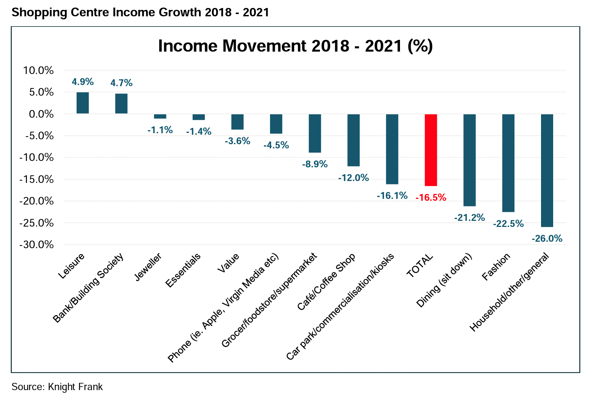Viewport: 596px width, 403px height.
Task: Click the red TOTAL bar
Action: [x=431, y=150]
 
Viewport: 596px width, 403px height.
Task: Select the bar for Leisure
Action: [x=83, y=103]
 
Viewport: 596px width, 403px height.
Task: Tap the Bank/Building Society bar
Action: [x=121, y=104]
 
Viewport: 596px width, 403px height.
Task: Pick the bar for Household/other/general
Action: [x=547, y=170]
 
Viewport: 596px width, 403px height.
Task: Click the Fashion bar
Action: [x=508, y=163]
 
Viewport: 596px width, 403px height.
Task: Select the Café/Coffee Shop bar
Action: [x=353, y=140]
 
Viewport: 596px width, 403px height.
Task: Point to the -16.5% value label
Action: [x=431, y=198]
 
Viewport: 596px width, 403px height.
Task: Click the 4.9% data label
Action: [x=83, y=82]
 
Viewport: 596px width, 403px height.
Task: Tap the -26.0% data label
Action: [x=547, y=239]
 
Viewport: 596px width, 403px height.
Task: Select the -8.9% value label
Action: [x=315, y=164]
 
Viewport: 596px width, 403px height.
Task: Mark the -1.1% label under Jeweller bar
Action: [x=160, y=130]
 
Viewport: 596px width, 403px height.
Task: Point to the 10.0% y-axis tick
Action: [x=38, y=71]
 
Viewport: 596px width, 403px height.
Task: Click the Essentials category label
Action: [x=184, y=271]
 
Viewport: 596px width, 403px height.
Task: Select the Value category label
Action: [x=228, y=263]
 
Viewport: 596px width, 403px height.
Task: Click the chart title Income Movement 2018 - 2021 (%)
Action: [x=295, y=46]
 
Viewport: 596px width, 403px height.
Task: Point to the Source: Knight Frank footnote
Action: [x=57, y=387]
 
